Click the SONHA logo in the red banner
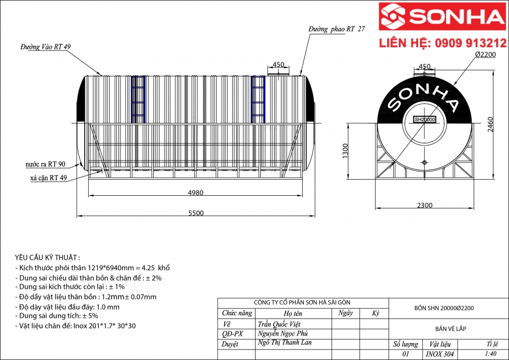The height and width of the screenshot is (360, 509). click(x=443, y=17)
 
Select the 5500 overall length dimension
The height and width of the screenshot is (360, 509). click(x=196, y=213)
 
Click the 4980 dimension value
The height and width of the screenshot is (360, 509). click(x=195, y=193)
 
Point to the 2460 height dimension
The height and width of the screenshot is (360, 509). click(x=491, y=124)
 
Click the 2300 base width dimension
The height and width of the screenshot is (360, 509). click(x=424, y=205)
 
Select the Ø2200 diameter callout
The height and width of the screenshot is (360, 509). click(x=485, y=55)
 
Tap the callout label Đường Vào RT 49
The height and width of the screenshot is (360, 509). click(x=46, y=47)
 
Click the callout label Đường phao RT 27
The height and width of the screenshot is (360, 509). click(x=336, y=30)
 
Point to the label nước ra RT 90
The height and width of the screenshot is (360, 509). click(x=46, y=164)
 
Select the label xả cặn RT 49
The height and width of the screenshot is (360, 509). click(x=49, y=178)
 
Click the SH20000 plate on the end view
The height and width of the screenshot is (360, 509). click(x=424, y=119)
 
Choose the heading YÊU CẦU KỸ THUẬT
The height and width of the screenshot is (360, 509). click(x=47, y=258)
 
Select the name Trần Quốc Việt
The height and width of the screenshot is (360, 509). click(x=279, y=324)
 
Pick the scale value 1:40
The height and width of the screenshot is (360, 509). click(x=490, y=354)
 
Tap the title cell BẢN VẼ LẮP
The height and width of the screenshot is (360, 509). click(x=449, y=329)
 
